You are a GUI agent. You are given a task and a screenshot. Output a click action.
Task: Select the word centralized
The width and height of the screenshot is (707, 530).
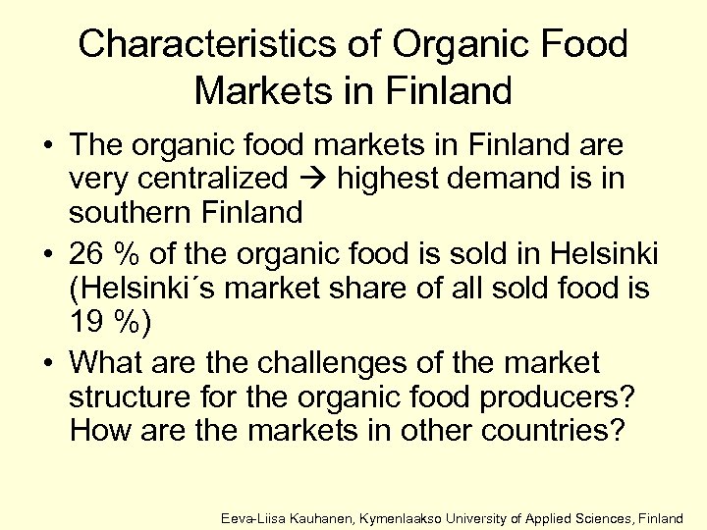click(224, 179)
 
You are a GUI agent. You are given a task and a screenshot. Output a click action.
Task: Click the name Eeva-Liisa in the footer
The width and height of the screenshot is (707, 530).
click(254, 515)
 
